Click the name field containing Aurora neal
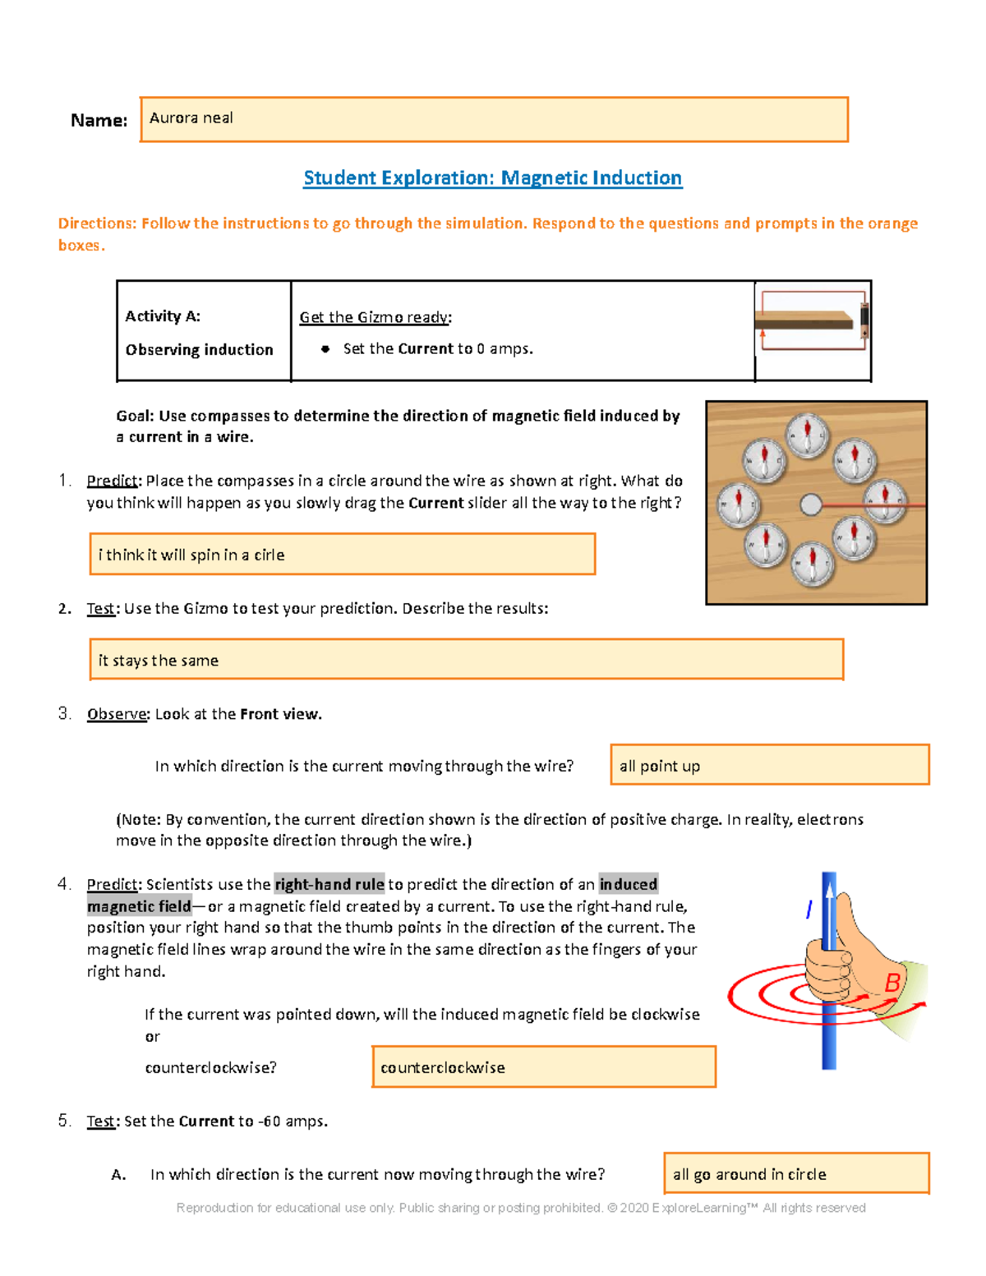(x=493, y=119)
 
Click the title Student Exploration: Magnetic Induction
(x=492, y=178)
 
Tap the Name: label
(x=99, y=121)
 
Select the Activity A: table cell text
(x=163, y=316)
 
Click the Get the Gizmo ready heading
(x=376, y=317)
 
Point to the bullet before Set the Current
(x=325, y=349)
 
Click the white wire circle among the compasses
(x=810, y=504)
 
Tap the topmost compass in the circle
(x=808, y=434)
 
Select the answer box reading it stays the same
(x=466, y=660)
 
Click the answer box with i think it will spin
(x=342, y=555)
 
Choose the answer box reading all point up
(x=769, y=765)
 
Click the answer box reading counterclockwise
(x=543, y=1066)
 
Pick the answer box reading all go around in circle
(x=795, y=1173)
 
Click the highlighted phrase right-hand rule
(x=329, y=884)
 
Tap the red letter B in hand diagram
(x=892, y=983)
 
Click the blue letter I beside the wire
(x=809, y=909)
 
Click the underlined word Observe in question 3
(x=117, y=714)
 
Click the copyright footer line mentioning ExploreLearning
(x=521, y=1208)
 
